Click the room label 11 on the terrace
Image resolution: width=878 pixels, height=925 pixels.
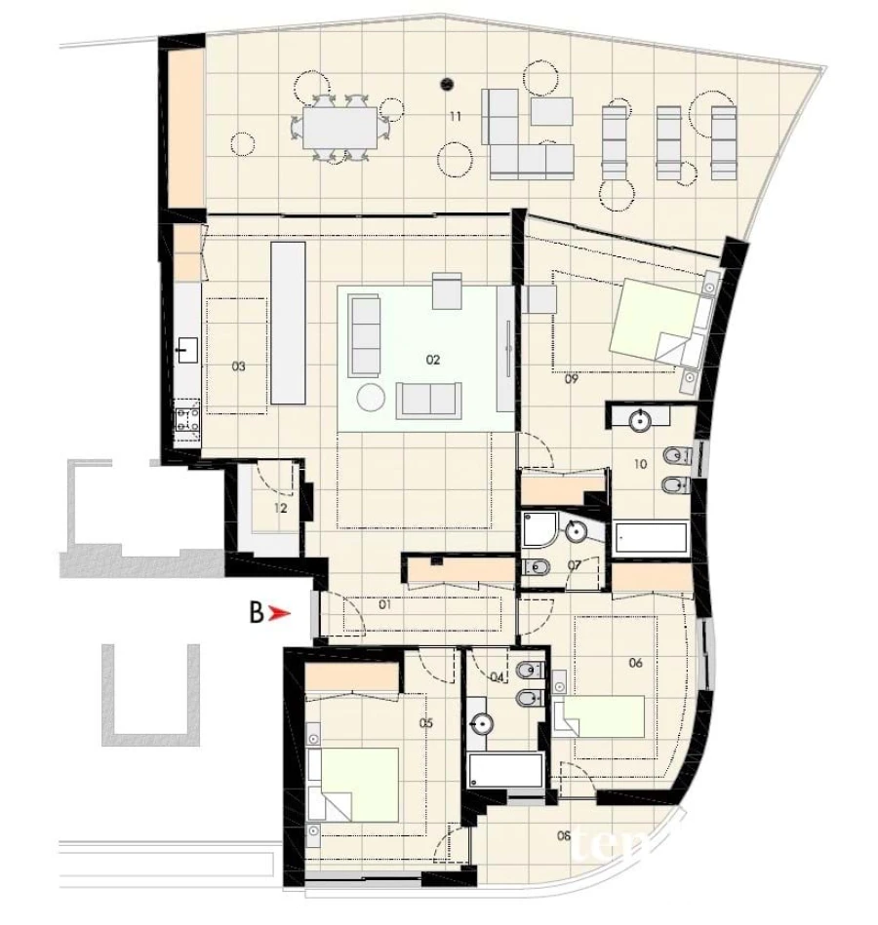(x=455, y=117)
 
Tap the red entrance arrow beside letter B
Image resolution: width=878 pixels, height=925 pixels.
(x=280, y=614)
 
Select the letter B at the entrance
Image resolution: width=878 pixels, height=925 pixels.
(x=256, y=614)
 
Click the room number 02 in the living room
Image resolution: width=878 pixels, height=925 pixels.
(x=433, y=360)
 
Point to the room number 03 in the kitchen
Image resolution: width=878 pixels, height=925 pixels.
(x=238, y=367)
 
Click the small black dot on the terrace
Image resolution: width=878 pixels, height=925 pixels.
(x=447, y=82)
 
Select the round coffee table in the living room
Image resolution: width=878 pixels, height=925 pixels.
(x=371, y=398)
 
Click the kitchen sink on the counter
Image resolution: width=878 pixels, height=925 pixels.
(x=187, y=348)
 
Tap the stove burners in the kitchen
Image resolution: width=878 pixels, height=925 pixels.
(x=186, y=420)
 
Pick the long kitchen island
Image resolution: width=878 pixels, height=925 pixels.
(x=287, y=323)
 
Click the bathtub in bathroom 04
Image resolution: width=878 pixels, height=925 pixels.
(x=504, y=771)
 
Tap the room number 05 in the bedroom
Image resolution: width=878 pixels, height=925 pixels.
(x=425, y=723)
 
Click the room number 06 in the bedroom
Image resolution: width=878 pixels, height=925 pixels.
(x=635, y=664)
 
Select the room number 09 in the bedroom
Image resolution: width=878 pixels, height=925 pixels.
(x=573, y=380)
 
